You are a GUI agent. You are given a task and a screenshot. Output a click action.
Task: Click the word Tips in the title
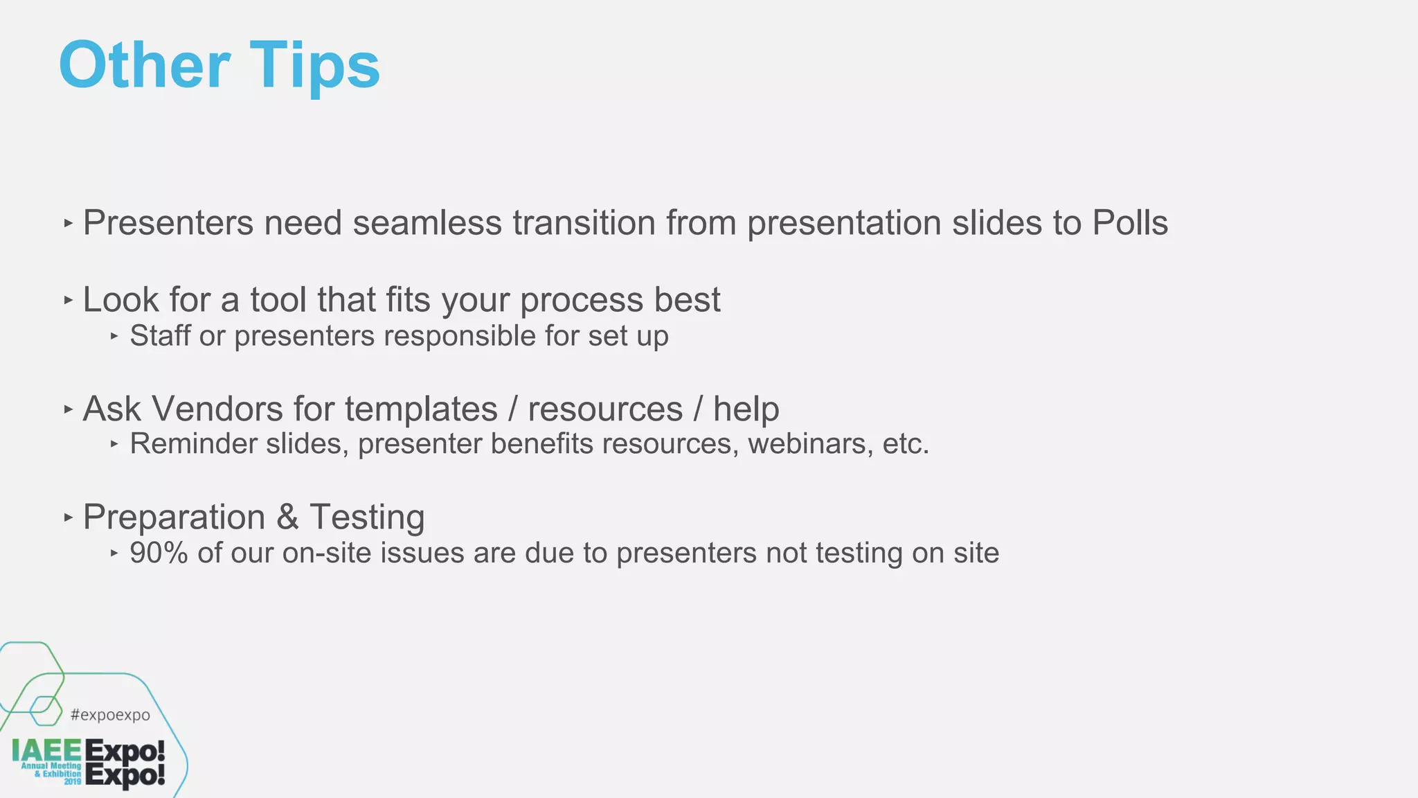point(314,66)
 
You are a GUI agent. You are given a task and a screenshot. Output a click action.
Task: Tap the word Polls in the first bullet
point(1130,223)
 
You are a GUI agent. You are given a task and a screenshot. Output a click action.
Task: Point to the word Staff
point(160,336)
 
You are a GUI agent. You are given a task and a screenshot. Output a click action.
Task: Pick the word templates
point(421,409)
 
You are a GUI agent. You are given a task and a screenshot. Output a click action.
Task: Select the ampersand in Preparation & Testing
point(287,517)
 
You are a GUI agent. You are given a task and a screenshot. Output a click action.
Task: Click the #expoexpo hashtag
point(110,715)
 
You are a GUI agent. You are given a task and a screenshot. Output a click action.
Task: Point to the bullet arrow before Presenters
point(68,224)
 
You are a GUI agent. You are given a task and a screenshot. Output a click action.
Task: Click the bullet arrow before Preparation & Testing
point(68,517)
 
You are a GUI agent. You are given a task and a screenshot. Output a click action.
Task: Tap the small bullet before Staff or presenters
point(114,337)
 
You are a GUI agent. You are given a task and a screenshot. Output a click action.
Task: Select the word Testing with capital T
point(367,517)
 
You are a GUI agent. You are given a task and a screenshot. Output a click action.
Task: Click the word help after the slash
point(746,409)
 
